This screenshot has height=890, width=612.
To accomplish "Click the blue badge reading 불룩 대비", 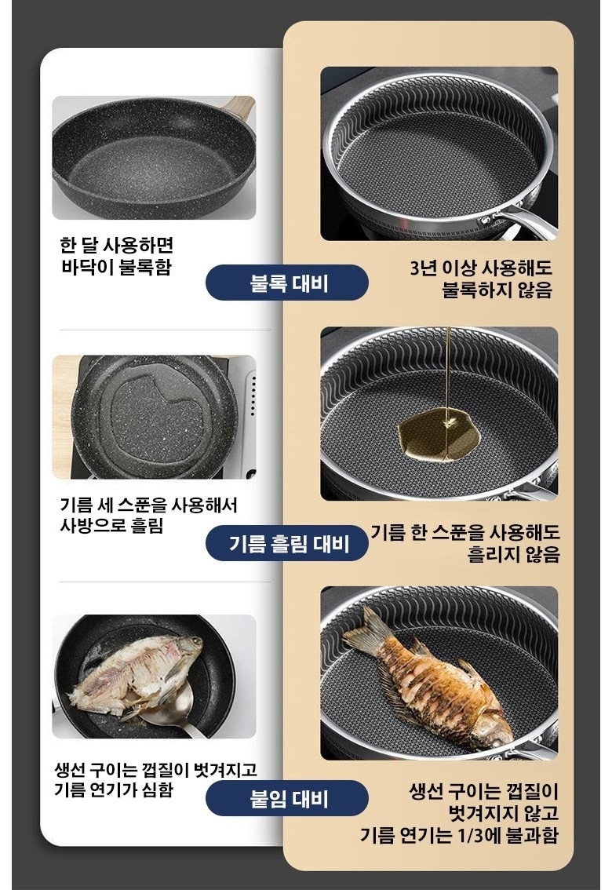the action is [x=286, y=282].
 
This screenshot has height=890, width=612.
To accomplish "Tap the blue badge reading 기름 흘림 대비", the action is [x=286, y=543].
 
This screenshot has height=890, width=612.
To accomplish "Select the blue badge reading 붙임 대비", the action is [x=286, y=798].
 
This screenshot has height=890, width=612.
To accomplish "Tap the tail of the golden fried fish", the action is [x=366, y=631].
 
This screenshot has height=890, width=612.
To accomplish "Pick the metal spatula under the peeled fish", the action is [x=170, y=713].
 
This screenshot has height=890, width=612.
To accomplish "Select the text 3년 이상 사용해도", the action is [x=480, y=268].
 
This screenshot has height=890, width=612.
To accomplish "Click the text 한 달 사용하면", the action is [x=116, y=245].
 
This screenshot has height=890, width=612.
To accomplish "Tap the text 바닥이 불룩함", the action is [x=116, y=267].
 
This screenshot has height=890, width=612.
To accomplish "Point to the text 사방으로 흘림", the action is [x=111, y=526].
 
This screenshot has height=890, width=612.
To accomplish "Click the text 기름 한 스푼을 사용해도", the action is [x=465, y=532].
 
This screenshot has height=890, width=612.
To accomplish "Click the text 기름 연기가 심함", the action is [x=114, y=790].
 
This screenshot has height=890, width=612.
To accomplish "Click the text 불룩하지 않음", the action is [x=497, y=290].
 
